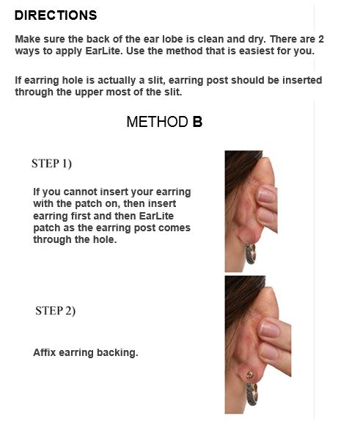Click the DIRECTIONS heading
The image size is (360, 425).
56,15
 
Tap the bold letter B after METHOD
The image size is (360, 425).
197,122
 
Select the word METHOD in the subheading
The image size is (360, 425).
157,122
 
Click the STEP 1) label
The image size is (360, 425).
51,164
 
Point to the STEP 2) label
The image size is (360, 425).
55,310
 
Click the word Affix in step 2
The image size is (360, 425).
45,352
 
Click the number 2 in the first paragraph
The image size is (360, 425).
320,39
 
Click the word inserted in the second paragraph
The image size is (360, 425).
302,80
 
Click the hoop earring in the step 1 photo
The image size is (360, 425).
250,254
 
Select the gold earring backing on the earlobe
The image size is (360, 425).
250,375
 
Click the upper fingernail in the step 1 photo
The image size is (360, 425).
266,195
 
